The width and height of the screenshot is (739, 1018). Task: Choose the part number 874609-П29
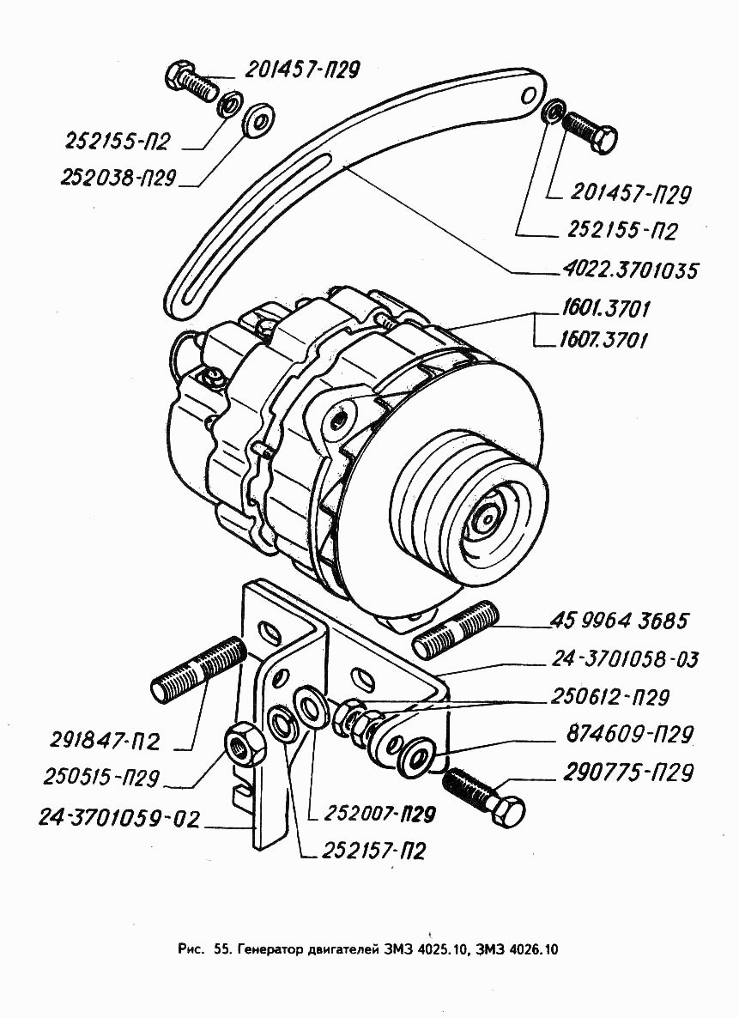[x=628, y=735]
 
